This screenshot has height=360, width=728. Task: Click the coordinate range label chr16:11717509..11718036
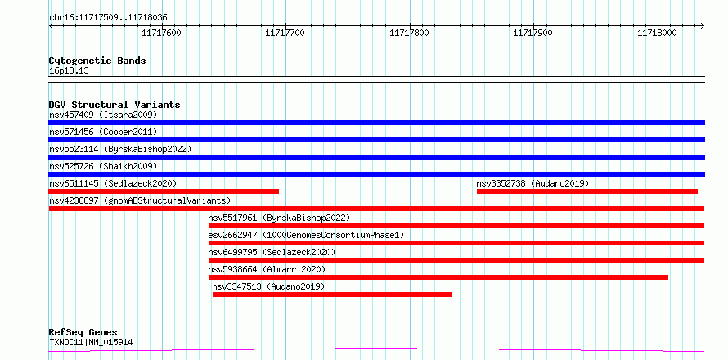coord(108,18)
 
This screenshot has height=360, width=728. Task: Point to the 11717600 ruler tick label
coord(161,33)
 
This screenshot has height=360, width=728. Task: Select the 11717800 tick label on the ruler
coord(409,33)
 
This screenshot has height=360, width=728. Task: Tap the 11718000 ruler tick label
coord(657,33)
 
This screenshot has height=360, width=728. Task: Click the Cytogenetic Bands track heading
coord(97,61)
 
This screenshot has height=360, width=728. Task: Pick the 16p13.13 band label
coord(69,71)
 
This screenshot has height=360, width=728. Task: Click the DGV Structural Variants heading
coord(115,105)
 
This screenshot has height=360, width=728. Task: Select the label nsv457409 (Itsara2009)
coord(103,115)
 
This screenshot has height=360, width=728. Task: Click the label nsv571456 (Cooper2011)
coord(103,132)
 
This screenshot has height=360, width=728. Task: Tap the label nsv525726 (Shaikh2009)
coord(103,166)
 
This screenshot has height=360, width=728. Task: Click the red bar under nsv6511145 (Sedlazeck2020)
coord(164,191)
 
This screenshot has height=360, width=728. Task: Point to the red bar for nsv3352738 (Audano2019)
coord(587,191)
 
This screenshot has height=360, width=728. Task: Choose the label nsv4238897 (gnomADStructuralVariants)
coord(140,200)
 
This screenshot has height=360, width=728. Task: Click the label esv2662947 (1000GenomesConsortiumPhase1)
coord(307,235)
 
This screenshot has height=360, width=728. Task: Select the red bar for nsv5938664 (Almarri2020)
coord(438,277)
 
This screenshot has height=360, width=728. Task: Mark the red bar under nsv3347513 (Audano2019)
coord(332,295)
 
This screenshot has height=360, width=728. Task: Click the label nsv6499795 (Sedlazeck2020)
coord(272,252)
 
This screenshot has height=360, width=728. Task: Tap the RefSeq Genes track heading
coord(83,333)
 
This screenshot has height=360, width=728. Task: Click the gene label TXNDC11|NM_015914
coord(91,343)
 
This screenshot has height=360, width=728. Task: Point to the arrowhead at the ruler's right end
coord(703,26)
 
